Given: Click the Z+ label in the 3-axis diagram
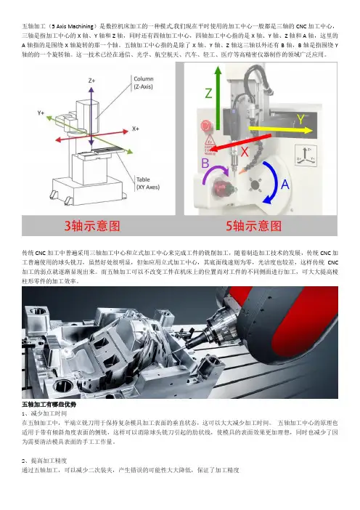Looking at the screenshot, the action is point(91,81).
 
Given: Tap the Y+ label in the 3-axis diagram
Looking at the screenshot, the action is point(41,113).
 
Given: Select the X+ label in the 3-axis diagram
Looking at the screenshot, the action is point(136,129).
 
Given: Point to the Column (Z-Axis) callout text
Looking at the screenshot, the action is point(143,83).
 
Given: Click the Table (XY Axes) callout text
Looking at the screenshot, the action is point(148,183).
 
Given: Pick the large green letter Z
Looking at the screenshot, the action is point(208,93).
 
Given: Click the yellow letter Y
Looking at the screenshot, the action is point(301,119).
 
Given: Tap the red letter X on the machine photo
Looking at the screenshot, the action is point(245,152).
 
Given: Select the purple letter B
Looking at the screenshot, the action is point(205,163).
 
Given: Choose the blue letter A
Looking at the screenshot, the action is point(285,185).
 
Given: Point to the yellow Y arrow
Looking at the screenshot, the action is point(280,130).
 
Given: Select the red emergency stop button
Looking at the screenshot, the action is point(205,126).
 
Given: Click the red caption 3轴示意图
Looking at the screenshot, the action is point(92,226).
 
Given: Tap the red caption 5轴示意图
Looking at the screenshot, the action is point(254,226).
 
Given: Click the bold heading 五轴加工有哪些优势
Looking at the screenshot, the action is point(49,405).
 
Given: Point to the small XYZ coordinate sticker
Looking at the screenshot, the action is point(306,155).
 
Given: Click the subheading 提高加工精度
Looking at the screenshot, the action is point(49,461).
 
